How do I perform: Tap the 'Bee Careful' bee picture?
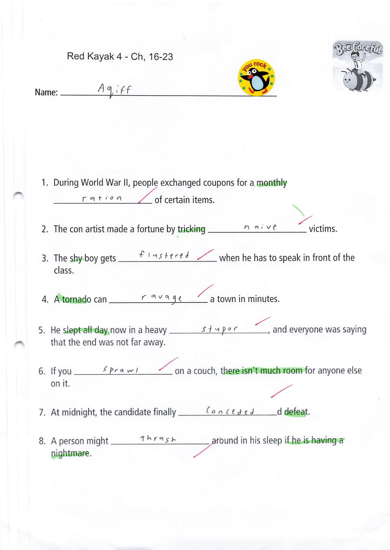click(x=357, y=66)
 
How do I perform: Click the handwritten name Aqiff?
click(x=114, y=90)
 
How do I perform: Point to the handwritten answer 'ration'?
click(x=102, y=198)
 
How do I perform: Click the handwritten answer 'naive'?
click(x=260, y=226)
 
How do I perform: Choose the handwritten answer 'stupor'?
click(x=220, y=328)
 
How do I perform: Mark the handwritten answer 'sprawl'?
click(x=120, y=370)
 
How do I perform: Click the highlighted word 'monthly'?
click(x=272, y=183)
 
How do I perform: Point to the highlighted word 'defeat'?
click(x=296, y=412)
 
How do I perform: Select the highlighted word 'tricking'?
click(x=191, y=229)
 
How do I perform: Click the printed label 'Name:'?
click(x=46, y=92)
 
